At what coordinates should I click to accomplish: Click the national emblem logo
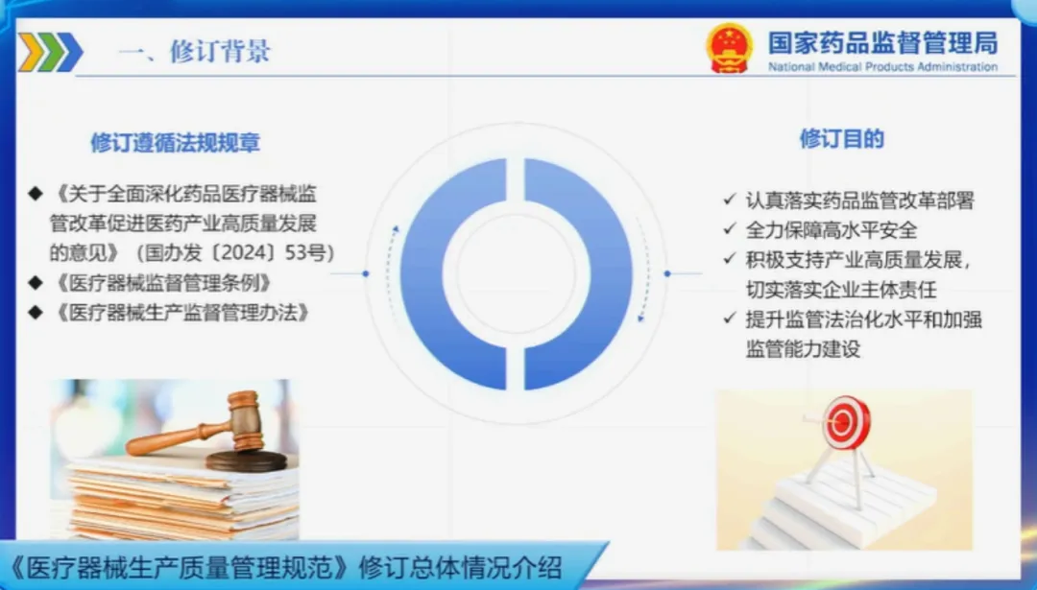click(729, 48)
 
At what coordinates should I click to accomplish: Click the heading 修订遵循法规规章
click(176, 143)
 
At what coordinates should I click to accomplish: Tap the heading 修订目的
click(842, 139)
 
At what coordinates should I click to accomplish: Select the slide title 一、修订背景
click(194, 51)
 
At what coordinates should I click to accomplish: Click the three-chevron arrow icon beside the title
click(50, 52)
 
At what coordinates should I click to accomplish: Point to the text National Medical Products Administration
click(883, 67)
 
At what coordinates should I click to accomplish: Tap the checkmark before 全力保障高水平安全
click(730, 228)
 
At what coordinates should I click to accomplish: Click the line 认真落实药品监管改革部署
click(859, 201)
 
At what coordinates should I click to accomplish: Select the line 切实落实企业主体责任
click(841, 290)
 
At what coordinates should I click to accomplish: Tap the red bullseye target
click(846, 422)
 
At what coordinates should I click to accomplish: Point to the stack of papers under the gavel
click(182, 498)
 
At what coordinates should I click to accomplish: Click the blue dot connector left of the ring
click(366, 273)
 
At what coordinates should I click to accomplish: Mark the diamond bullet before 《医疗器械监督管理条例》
click(36, 283)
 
